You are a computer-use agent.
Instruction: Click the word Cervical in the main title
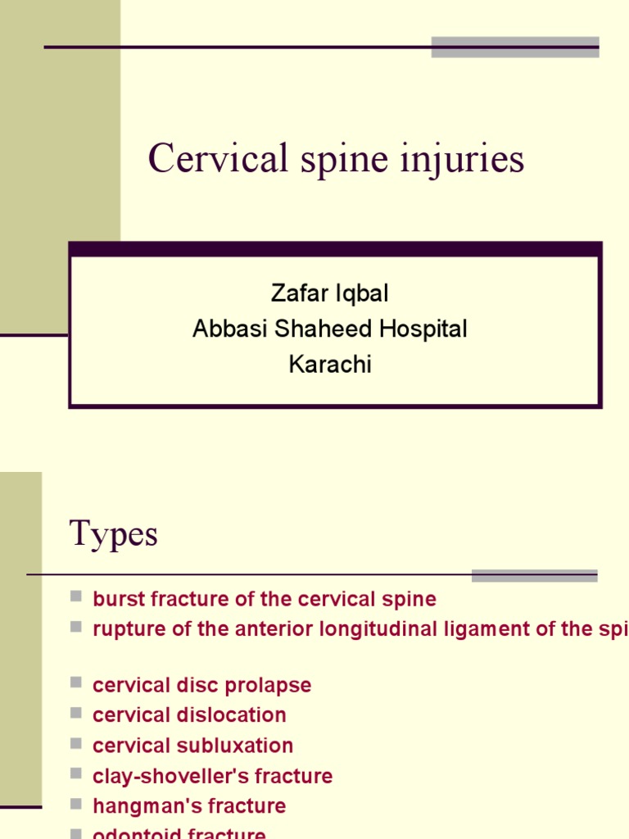click(218, 159)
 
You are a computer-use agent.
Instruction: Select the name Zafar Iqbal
click(329, 293)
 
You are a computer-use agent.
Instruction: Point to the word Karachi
click(330, 365)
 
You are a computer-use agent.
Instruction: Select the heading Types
click(114, 534)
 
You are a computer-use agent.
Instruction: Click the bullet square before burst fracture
click(76, 597)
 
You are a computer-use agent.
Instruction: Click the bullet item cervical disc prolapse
click(202, 685)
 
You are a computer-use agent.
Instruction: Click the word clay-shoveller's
click(161, 776)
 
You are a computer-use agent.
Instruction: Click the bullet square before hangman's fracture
click(76, 805)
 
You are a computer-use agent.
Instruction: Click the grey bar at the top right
click(515, 47)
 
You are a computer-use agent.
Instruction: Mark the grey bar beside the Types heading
click(534, 575)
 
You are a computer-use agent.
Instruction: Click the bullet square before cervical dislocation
click(76, 714)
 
